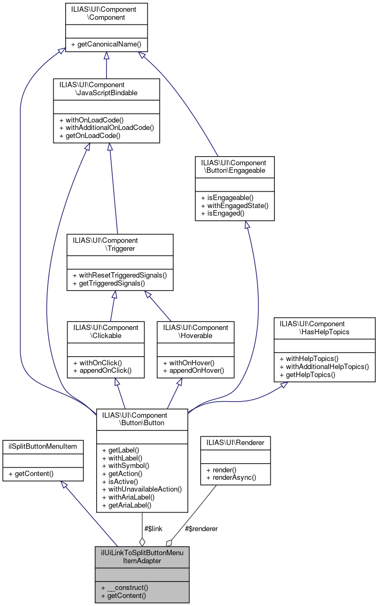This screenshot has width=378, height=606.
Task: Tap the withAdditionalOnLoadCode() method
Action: pyautogui.click(x=106, y=127)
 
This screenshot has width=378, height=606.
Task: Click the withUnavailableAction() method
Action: pyautogui.click(x=141, y=489)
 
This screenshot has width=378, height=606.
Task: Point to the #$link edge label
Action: pyautogui.click(x=153, y=528)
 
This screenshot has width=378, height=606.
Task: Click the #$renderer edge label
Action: pyautogui.click(x=201, y=528)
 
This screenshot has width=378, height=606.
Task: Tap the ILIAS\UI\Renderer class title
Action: pyautogui.click(x=235, y=442)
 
